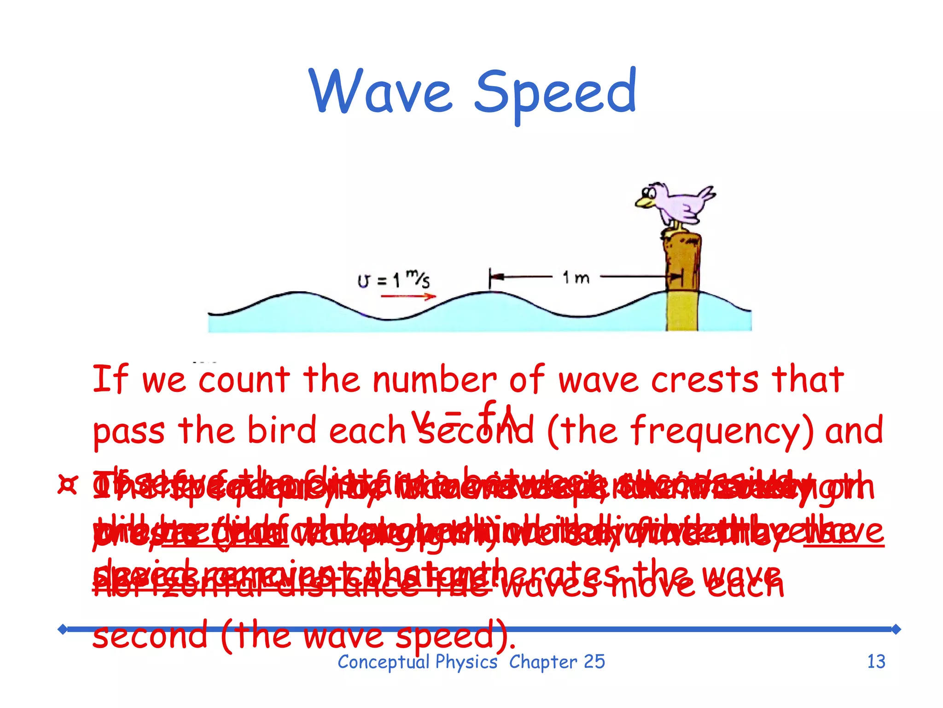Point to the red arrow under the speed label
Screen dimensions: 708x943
408,296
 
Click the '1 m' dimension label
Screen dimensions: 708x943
576,277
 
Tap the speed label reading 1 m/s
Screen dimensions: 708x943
394,279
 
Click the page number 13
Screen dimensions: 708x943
876,662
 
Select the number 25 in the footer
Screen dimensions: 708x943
594,662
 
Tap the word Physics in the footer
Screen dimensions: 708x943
466,662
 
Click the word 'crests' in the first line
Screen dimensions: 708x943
704,380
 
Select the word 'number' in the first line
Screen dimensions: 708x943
435,380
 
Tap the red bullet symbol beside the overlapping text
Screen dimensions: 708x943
68,485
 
